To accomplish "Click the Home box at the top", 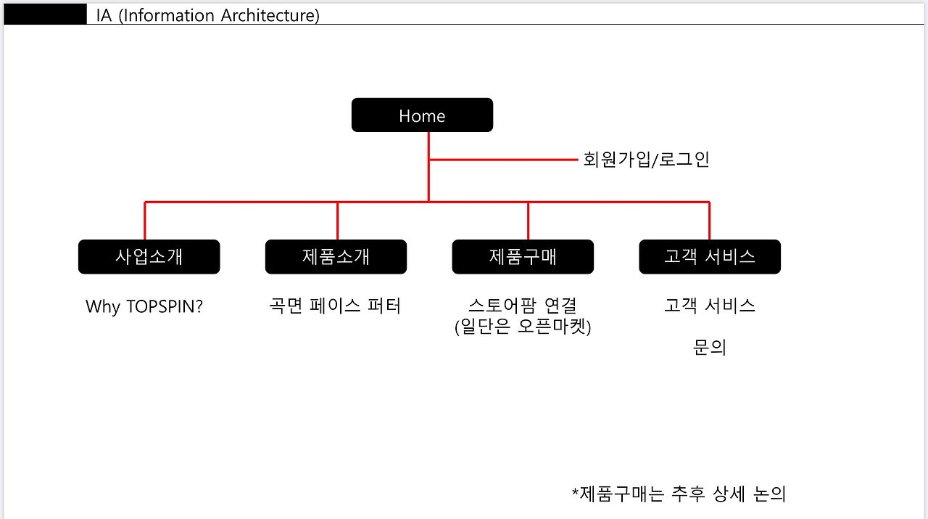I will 422,115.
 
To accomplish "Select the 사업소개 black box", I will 149,257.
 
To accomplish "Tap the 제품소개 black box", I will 336,257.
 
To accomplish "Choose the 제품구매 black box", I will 523,257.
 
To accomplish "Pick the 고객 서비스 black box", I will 710,257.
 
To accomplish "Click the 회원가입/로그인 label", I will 646,160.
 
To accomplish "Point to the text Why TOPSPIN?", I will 144,306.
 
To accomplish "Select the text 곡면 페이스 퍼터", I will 334,306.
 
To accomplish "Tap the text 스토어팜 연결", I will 523,306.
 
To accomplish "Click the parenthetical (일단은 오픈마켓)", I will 523,327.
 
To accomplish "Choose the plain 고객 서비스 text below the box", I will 710,306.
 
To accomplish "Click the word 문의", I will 710,348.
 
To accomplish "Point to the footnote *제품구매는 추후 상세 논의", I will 679,494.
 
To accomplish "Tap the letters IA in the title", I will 104,15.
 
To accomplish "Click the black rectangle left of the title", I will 45,15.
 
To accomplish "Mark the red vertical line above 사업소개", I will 145,221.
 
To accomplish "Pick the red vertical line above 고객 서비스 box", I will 709,221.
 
